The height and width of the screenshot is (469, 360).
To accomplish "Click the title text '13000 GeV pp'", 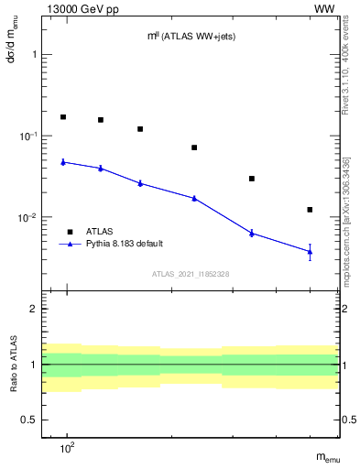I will [x=76, y=8].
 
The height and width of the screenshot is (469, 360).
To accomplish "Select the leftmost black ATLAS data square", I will [x=63, y=117].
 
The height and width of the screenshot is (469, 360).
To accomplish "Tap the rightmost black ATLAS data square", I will [x=310, y=210].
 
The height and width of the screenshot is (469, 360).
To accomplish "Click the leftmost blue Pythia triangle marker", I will [x=63, y=162].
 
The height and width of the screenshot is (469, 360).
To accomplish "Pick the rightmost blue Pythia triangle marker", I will [x=310, y=251].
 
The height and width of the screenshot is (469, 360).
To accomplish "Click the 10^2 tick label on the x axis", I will [x=66, y=448].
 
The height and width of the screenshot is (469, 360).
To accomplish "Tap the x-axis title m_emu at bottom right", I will [x=329, y=458].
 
